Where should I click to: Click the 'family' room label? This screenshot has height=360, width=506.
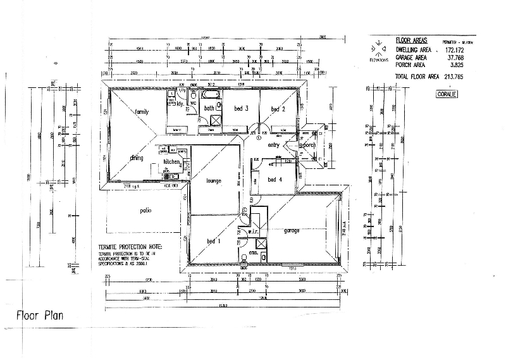click(142, 111)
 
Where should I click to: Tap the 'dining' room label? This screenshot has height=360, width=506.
click(137, 158)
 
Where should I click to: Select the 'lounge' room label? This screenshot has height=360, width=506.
click(214, 181)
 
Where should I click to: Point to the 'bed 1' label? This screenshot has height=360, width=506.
click(214, 241)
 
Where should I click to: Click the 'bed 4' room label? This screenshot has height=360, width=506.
click(275, 180)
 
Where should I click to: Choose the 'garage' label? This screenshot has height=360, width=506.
click(292, 230)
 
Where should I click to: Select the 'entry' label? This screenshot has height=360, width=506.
click(274, 146)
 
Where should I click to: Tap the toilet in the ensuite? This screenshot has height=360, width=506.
click(244, 257)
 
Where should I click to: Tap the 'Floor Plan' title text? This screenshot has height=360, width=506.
click(39, 314)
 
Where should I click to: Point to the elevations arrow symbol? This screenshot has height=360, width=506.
click(377, 48)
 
